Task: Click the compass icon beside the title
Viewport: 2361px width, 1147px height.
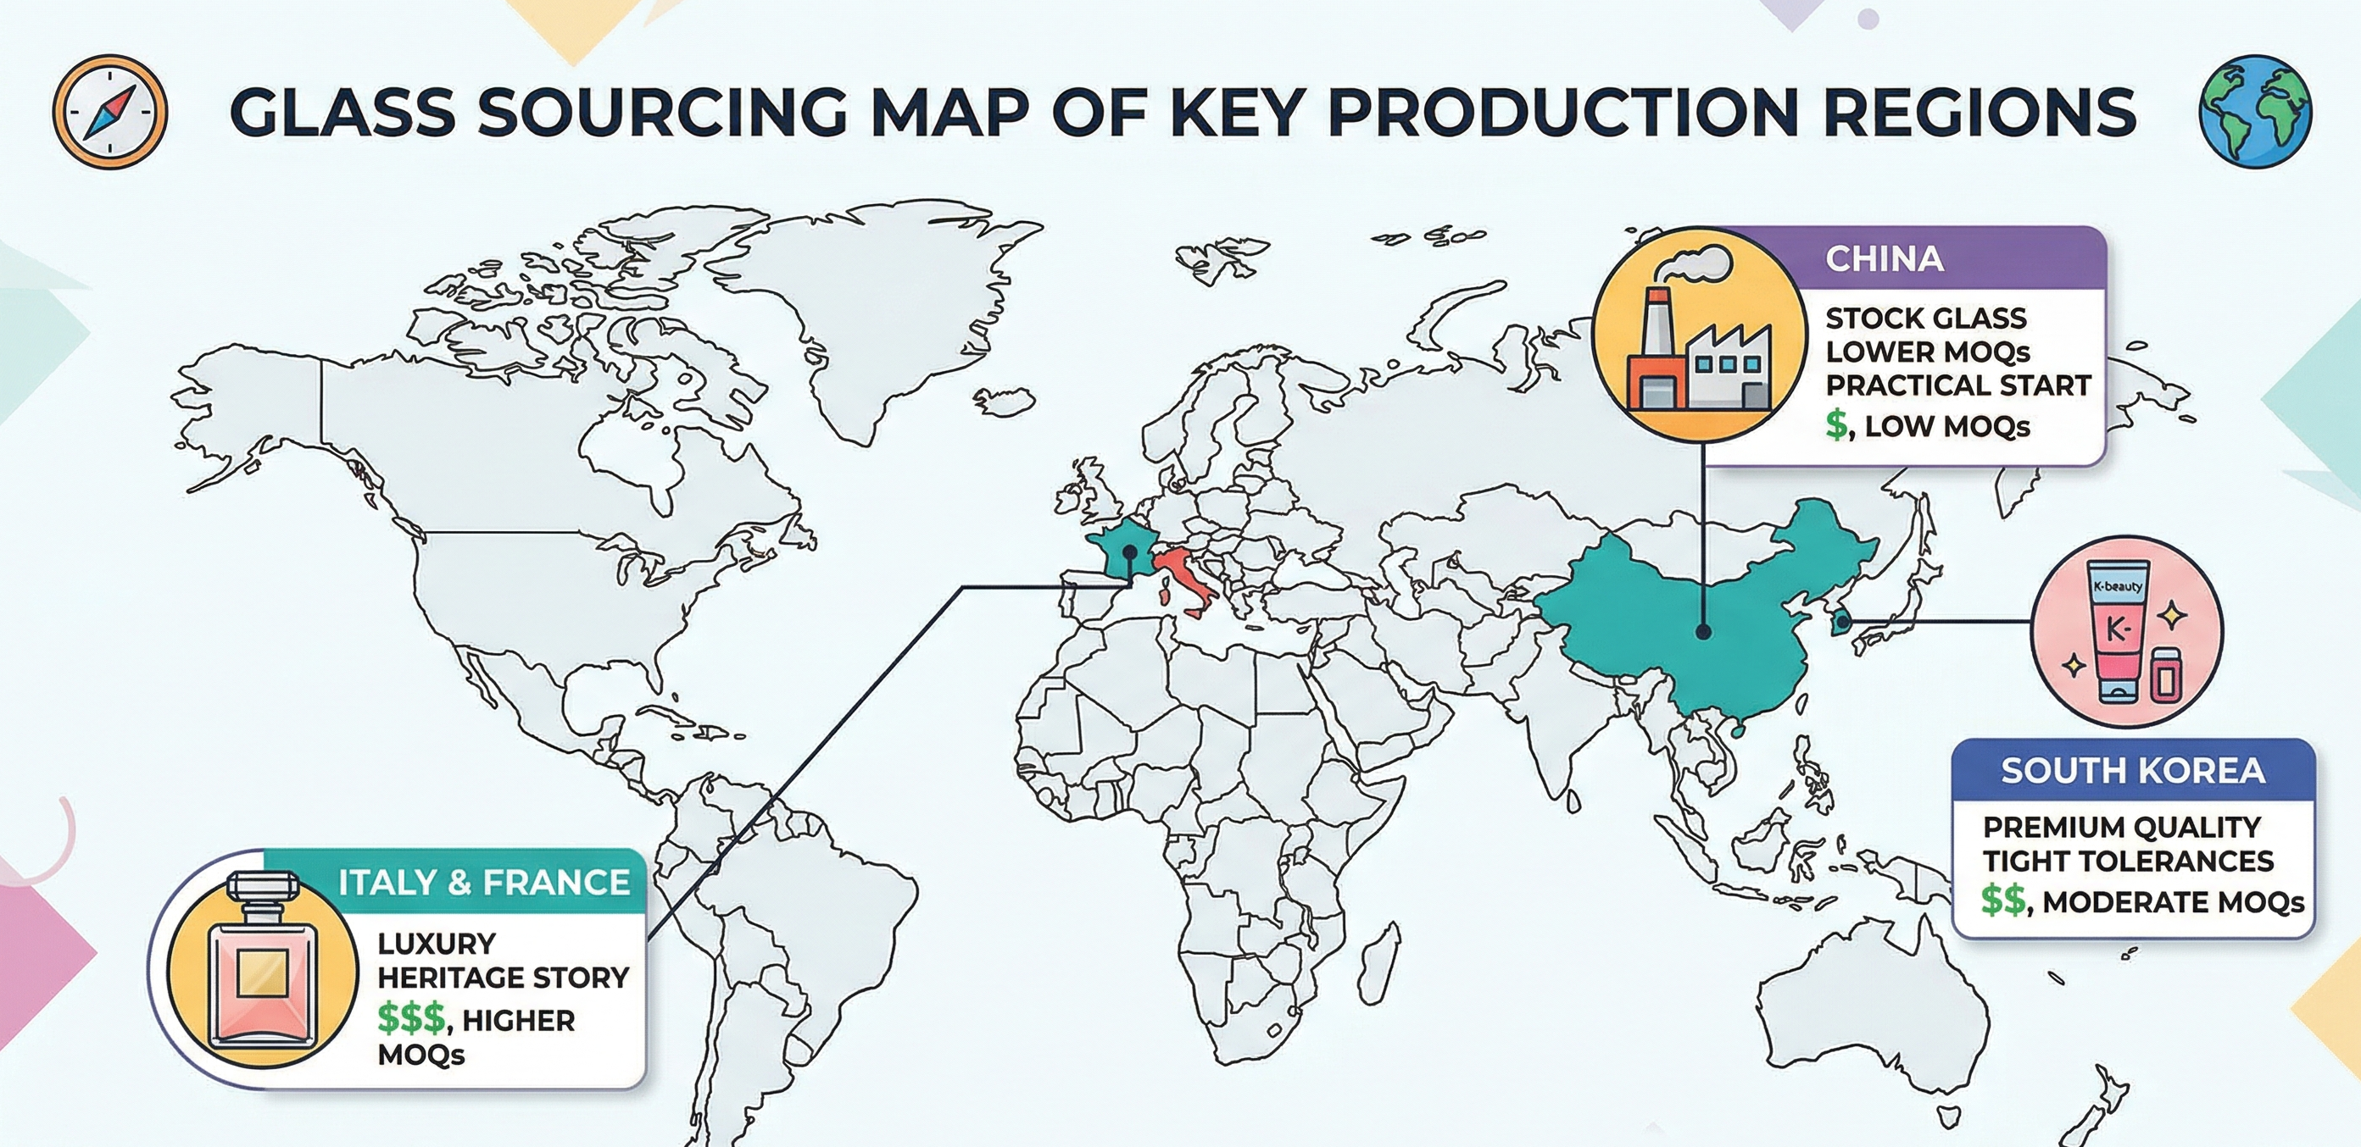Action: tap(110, 111)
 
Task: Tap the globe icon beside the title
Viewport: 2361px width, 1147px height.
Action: tap(2255, 111)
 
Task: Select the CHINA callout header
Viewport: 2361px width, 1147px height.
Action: tap(1884, 259)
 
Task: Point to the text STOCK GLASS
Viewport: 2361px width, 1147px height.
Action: tap(1924, 319)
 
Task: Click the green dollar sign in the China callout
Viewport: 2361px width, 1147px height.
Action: tap(1836, 426)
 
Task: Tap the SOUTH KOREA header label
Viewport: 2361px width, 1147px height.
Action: tap(2133, 771)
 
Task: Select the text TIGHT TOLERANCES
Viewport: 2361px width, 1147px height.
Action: tap(2127, 862)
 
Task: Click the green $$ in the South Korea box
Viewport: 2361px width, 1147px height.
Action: tap(2002, 901)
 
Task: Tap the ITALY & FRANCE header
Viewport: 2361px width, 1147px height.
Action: tap(483, 882)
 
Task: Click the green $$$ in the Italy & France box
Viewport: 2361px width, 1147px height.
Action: tap(411, 1019)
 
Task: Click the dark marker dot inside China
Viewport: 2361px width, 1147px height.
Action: tap(1703, 631)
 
